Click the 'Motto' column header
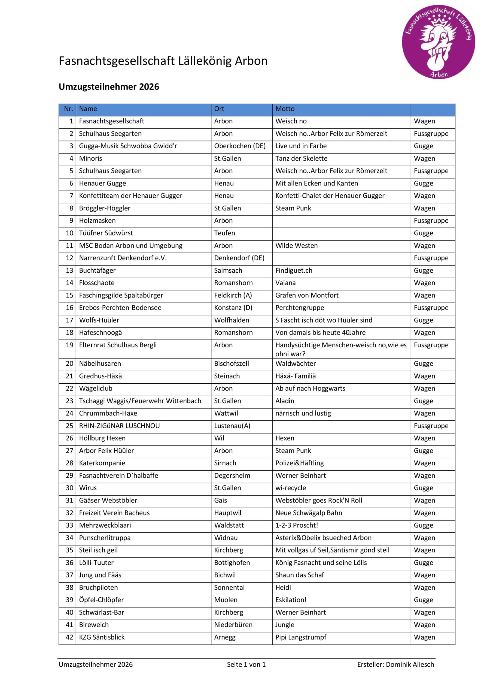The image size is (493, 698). pos(285,109)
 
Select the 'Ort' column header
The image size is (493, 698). pos(219,109)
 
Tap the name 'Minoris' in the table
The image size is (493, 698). pos(90,158)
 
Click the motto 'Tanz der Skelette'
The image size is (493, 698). pos(301,158)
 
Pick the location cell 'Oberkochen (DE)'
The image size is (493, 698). pos(240,146)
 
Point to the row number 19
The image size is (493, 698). pos(69,345)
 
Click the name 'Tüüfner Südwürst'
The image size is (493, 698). pos(106,233)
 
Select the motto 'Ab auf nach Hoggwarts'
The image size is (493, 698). pos(310,389)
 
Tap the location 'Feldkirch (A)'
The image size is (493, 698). pos(233,296)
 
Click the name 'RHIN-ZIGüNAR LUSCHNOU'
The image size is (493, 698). pos(119,426)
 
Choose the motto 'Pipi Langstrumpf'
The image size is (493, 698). pos(301,637)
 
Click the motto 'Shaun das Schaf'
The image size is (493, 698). pos(300,575)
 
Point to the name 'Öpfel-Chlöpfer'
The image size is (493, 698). pos(101,600)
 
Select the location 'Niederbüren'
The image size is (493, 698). pos(233,625)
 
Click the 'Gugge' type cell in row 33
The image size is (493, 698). pos(424,525)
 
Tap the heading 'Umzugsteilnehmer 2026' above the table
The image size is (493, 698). pos(109,87)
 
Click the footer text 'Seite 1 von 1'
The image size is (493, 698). pos(246,664)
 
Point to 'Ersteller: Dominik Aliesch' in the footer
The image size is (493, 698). pos(395,664)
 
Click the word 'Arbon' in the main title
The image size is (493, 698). pos(251,61)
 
